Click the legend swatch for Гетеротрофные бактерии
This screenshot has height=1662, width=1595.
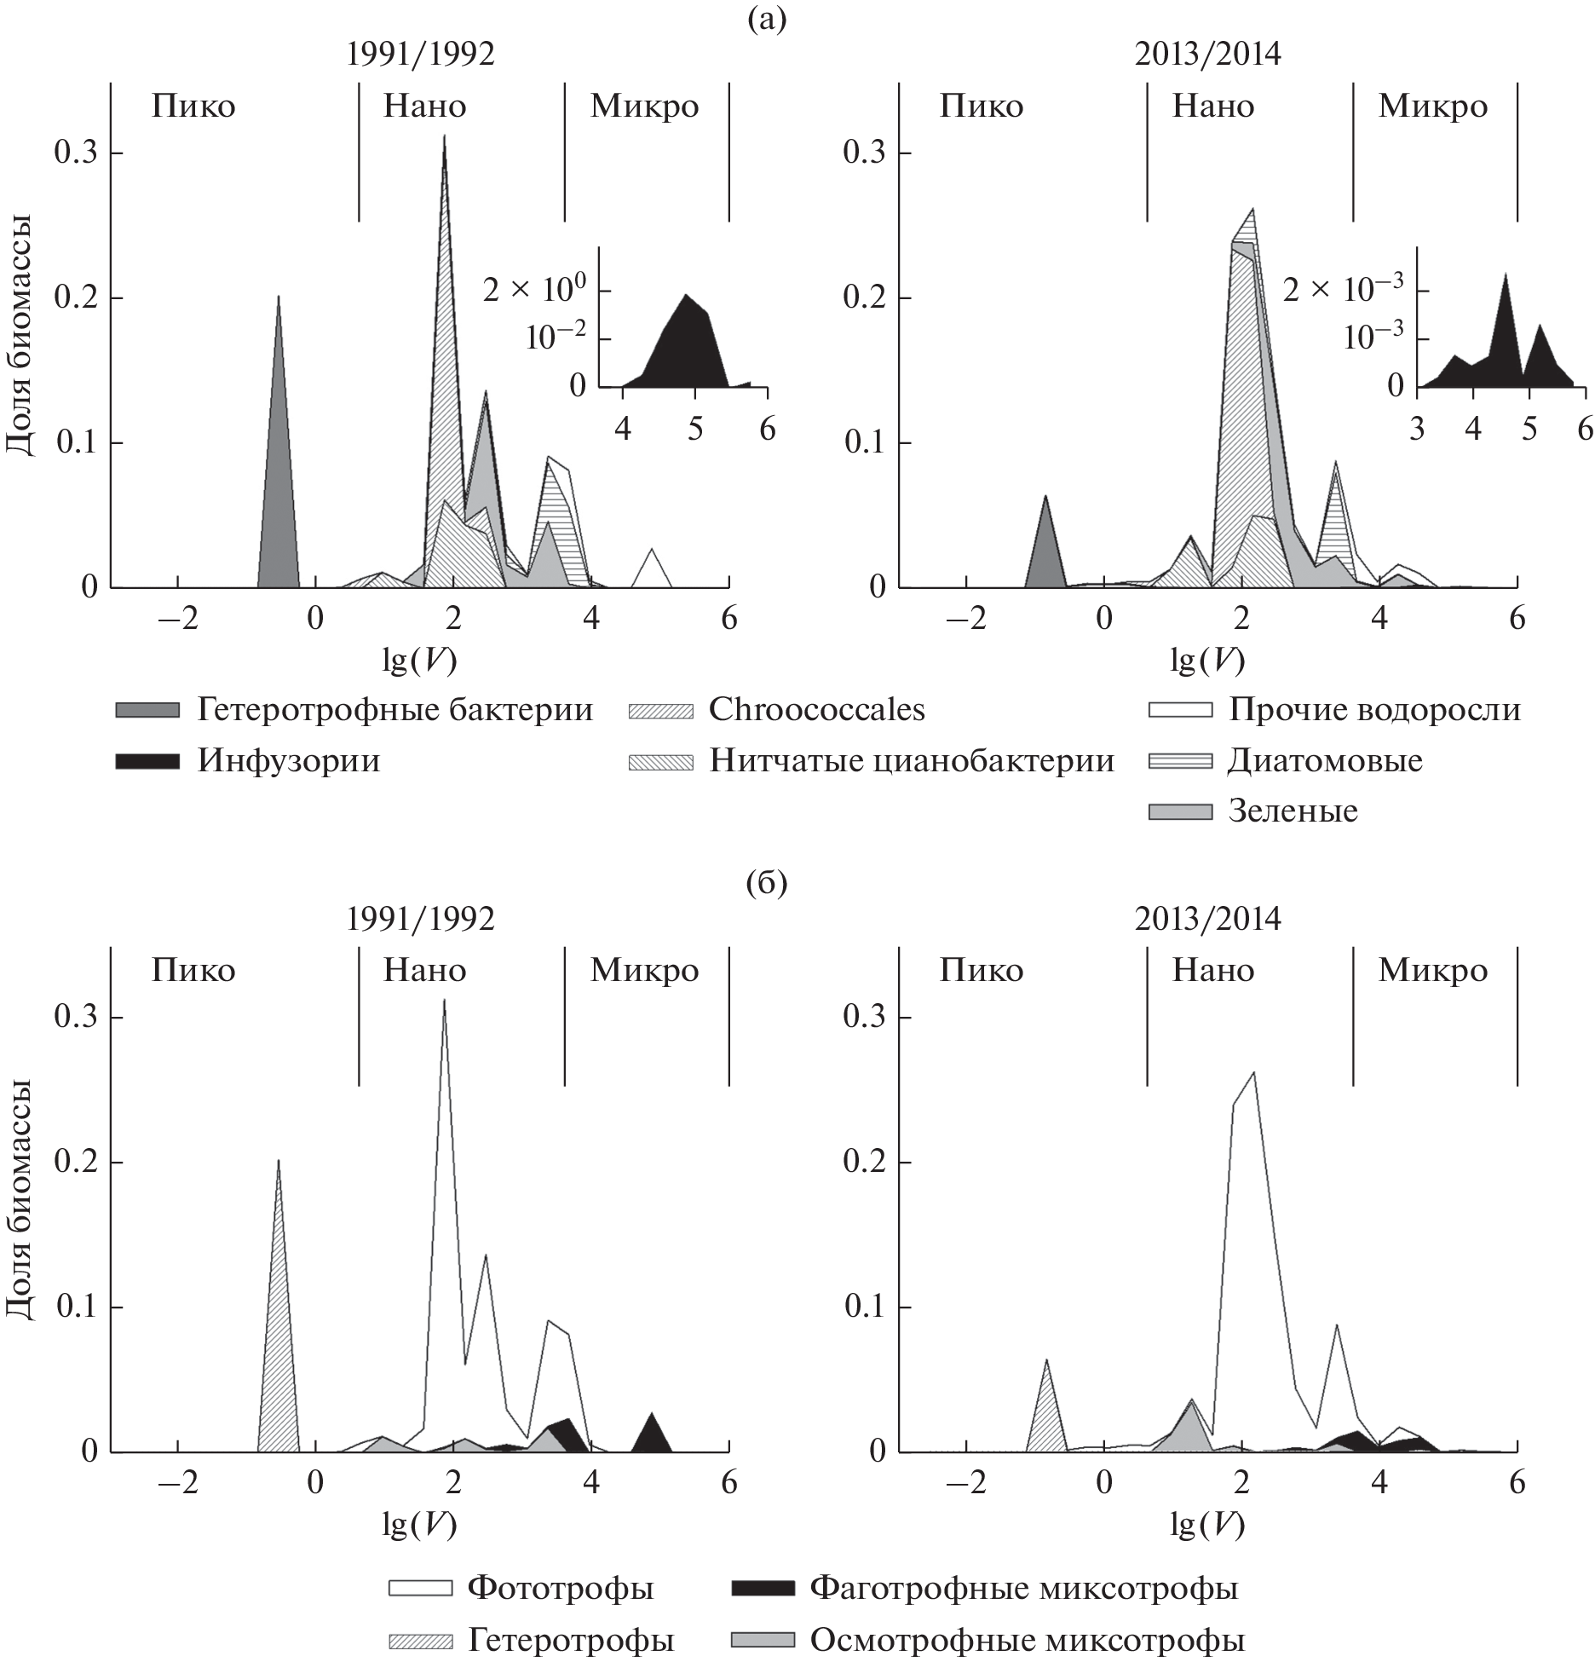[x=147, y=710]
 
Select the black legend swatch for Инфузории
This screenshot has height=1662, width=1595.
[x=147, y=761]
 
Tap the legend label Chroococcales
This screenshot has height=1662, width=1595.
[x=816, y=710]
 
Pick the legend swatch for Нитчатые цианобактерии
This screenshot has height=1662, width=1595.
[x=660, y=761]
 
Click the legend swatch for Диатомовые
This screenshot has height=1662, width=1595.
[x=1180, y=761]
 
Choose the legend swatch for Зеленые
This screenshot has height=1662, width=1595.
[x=1180, y=811]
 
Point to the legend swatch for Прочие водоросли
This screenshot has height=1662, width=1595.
[x=1180, y=710]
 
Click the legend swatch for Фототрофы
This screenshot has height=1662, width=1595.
[x=420, y=1588]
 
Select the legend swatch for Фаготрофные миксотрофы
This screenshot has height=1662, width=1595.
[x=763, y=1588]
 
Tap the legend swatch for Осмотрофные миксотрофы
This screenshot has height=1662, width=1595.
[x=763, y=1639]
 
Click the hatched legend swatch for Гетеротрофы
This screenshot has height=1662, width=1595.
[x=420, y=1639]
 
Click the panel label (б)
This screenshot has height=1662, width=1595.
[x=766, y=884]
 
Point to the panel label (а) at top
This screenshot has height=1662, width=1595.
[x=766, y=17]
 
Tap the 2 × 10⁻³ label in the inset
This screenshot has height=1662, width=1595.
[x=1342, y=290]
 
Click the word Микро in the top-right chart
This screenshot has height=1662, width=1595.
[x=1433, y=107]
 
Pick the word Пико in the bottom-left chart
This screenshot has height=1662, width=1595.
[x=193, y=971]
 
